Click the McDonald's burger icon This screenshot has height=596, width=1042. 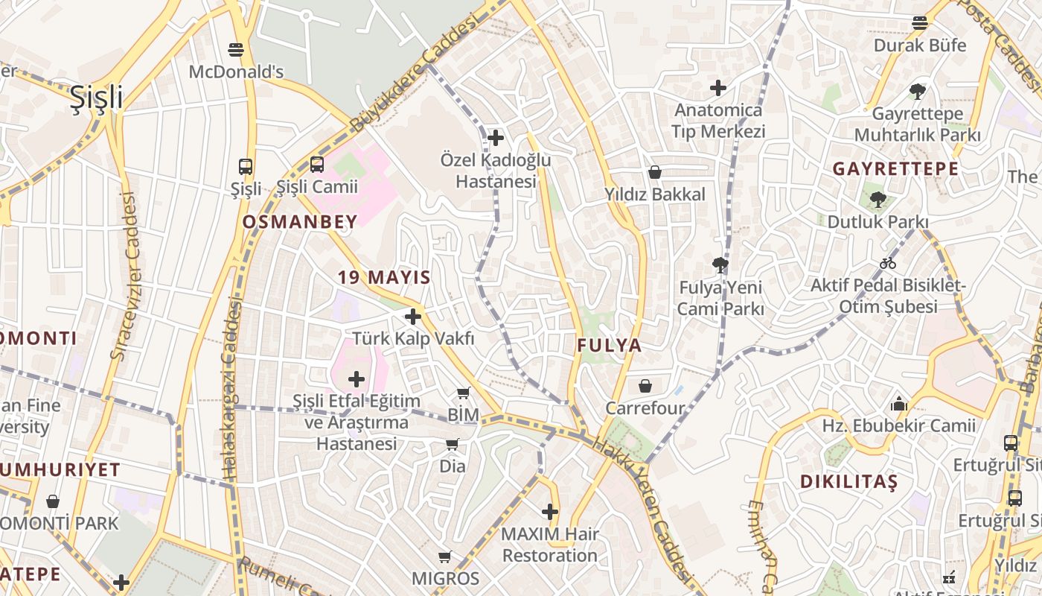click(237, 50)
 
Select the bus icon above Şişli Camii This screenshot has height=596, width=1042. click(316, 165)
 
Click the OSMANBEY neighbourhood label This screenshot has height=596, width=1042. click(300, 221)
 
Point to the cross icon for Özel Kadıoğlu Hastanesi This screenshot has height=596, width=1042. click(496, 138)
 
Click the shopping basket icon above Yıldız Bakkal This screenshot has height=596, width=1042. click(655, 172)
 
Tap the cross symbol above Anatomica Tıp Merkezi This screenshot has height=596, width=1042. click(718, 88)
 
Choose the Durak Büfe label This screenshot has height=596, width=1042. click(920, 45)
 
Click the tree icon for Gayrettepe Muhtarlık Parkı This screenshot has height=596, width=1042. click(918, 92)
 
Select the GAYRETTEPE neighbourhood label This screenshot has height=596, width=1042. click(895, 169)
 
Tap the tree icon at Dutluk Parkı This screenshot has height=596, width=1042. click(878, 199)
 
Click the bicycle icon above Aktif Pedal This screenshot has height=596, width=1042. click(888, 263)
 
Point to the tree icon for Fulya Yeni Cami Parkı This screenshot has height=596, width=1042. click(720, 264)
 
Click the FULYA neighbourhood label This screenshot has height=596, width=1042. click(610, 346)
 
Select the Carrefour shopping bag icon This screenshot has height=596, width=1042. click(645, 386)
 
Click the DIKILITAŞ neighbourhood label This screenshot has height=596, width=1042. click(849, 482)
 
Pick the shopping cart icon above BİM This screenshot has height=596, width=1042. click(464, 393)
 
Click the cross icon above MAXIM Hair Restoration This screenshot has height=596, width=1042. click(550, 512)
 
